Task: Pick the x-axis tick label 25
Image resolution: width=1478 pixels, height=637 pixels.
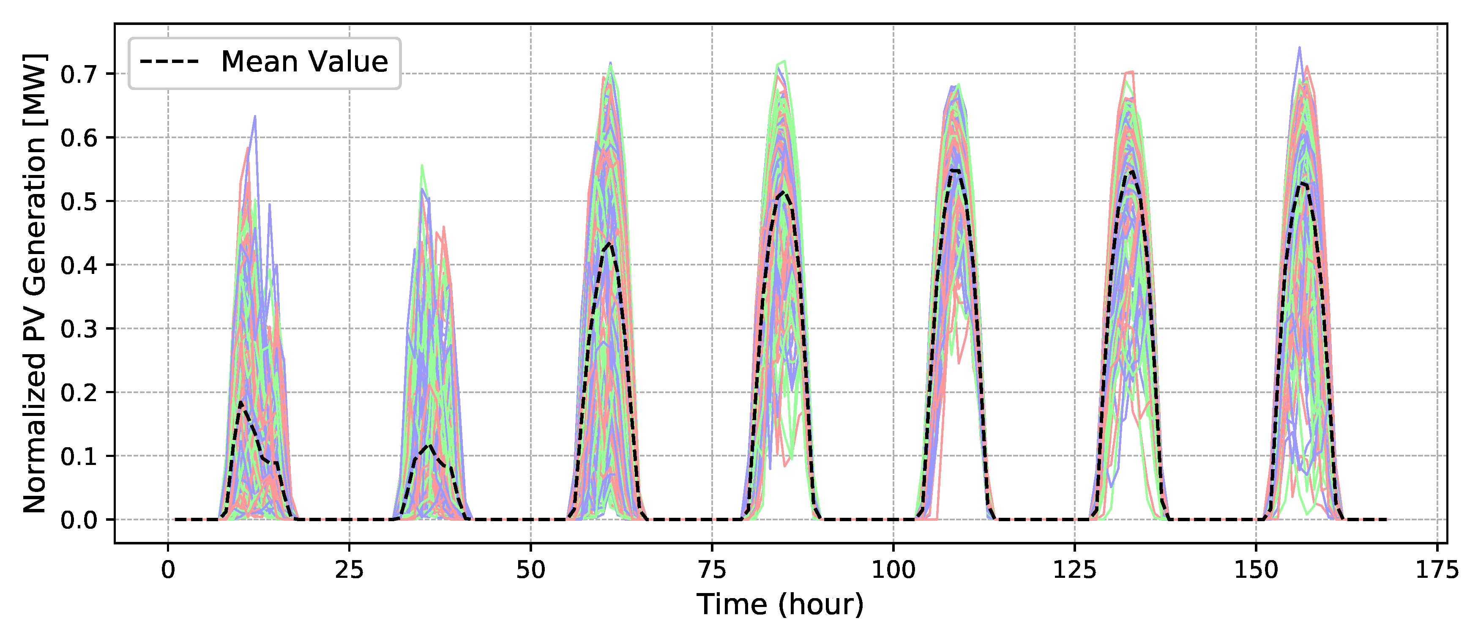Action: (x=350, y=570)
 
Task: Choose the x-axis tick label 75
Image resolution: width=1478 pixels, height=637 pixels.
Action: (x=712, y=570)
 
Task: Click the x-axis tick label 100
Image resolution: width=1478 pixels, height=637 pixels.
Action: (x=893, y=570)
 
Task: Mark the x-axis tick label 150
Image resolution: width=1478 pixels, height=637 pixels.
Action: (x=1256, y=570)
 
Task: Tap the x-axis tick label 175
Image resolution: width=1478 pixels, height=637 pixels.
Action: (x=1437, y=570)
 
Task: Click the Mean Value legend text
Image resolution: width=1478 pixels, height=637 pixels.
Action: (x=304, y=62)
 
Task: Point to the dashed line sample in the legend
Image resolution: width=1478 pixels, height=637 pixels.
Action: (x=169, y=61)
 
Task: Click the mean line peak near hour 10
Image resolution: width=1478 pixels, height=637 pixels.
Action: (x=241, y=403)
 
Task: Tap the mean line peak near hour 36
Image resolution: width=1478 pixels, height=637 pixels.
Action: (x=429, y=446)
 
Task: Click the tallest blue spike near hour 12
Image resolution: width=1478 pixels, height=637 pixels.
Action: (x=255, y=117)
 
